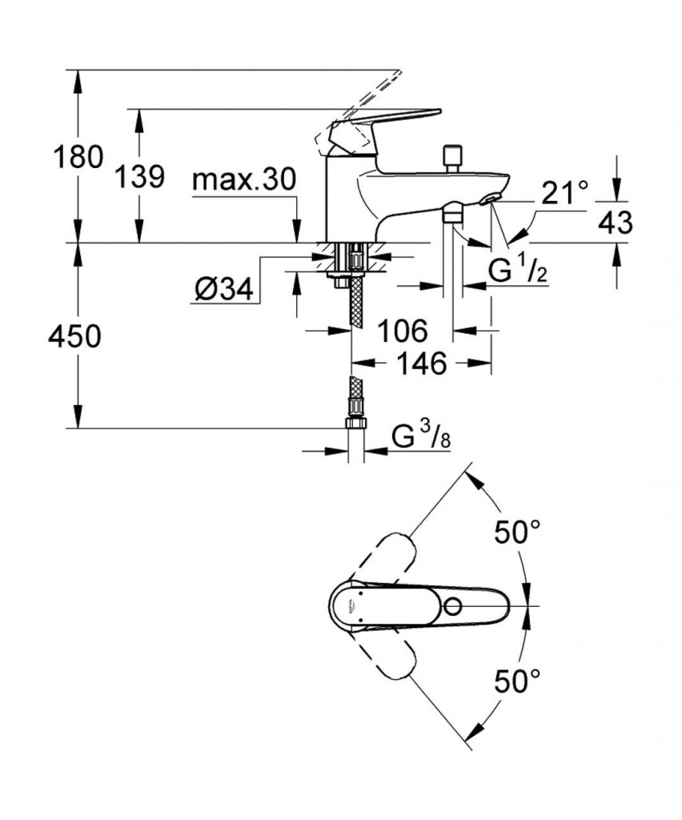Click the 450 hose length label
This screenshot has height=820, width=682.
[74, 337]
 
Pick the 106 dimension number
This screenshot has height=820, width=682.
[403, 329]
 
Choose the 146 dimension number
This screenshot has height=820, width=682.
[422, 364]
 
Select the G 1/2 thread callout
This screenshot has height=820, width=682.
[517, 273]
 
